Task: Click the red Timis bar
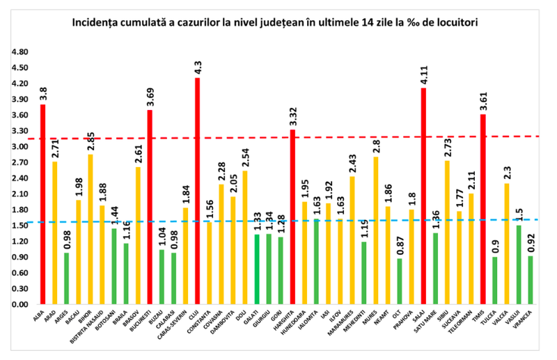click(483, 209)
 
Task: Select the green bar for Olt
click(399, 281)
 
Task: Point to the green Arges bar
click(66, 279)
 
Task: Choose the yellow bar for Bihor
click(91, 229)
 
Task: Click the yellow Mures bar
click(376, 230)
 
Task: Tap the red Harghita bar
click(292, 217)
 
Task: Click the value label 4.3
click(198, 68)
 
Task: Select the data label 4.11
click(423, 75)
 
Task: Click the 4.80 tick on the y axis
click(19, 52)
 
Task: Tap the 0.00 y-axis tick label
click(19, 304)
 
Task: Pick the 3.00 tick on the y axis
click(19, 147)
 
